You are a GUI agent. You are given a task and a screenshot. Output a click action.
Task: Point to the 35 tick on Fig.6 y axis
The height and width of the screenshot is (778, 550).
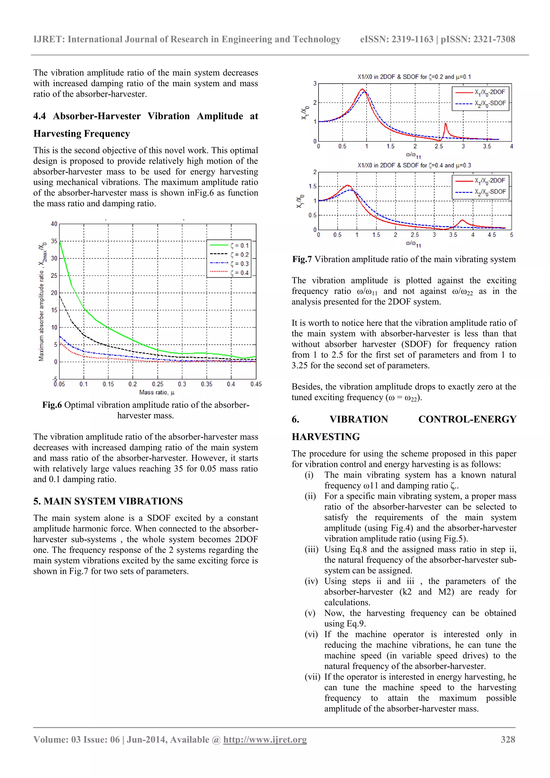pos(54,241)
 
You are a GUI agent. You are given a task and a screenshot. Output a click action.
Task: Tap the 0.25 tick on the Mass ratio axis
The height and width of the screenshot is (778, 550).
pos(158,384)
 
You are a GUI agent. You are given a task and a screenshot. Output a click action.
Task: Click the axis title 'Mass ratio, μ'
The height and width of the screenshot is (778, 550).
pos(157,392)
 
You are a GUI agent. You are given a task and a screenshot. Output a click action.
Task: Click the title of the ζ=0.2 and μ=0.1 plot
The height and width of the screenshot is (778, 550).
pos(414,77)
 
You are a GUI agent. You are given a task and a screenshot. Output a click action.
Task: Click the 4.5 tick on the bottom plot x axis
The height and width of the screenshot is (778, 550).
pos(492,235)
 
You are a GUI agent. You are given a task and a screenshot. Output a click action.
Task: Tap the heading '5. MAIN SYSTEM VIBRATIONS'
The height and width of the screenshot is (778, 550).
pos(108,501)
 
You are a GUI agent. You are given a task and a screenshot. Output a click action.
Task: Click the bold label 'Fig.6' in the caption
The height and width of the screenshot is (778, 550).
pos(52,405)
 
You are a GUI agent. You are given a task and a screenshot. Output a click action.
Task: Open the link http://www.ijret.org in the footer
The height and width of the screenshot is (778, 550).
pos(265,739)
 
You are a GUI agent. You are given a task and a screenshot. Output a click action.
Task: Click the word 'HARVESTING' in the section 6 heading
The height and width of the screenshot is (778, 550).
pos(326,437)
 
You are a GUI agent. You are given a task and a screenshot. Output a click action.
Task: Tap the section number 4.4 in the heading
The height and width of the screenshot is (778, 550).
pos(40,116)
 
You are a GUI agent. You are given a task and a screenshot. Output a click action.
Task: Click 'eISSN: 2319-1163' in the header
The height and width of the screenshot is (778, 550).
pos(396,39)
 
